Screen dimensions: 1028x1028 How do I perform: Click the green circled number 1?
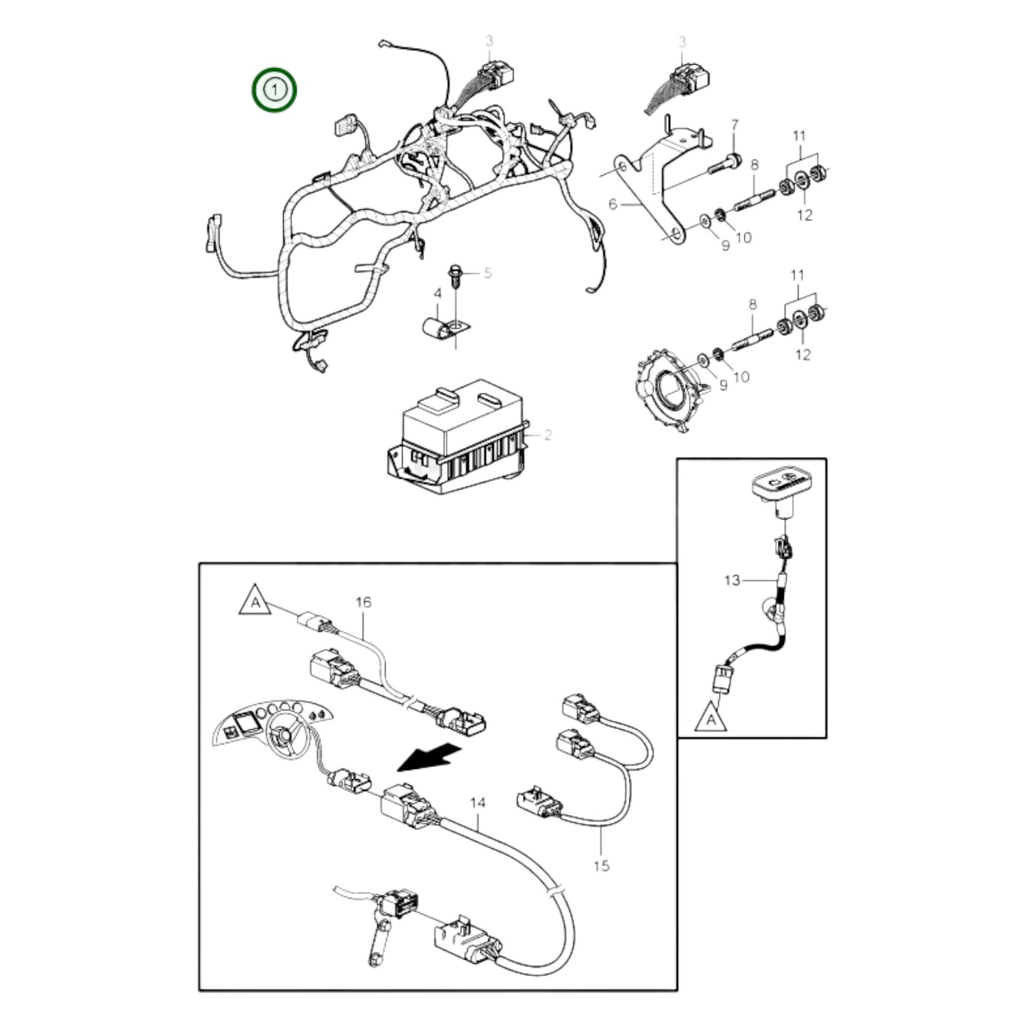pos(275,90)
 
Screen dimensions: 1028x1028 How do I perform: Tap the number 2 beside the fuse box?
pos(548,435)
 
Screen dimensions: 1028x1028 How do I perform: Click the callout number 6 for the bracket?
pos(613,205)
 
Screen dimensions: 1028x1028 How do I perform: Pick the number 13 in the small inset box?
pos(731,581)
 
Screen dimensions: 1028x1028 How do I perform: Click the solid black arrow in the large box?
pos(426,757)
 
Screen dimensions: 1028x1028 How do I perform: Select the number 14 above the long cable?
pos(478,802)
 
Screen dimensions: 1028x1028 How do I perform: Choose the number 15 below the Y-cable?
pos(601,865)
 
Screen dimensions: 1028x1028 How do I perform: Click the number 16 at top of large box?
pos(363,602)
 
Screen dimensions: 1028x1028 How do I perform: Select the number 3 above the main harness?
pos(489,41)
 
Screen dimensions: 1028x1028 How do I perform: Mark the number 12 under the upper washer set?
pos(804,214)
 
